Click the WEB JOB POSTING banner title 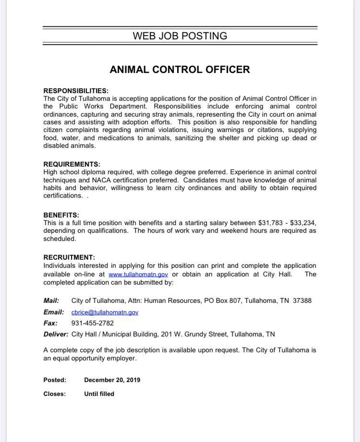180,36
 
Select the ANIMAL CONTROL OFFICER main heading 180,70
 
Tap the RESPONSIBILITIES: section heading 76,91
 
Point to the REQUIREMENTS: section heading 72,164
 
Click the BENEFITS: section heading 61,215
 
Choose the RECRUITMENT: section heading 69,258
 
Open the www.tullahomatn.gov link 138,275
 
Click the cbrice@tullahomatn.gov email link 105,312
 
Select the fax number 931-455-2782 93,323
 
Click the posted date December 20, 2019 112,380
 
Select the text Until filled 99,394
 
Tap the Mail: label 51,300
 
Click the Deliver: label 56,334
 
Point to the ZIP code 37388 302,300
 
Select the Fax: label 50,323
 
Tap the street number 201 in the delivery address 155,334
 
